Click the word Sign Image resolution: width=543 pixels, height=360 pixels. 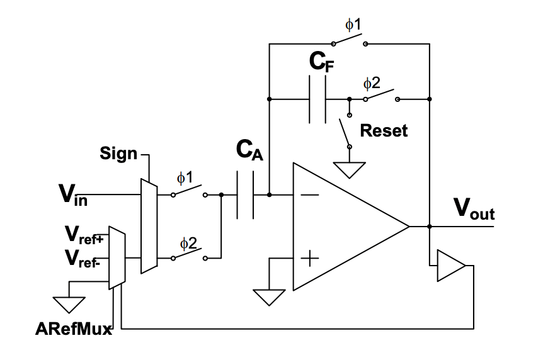[118, 153]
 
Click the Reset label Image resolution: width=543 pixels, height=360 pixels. [384, 131]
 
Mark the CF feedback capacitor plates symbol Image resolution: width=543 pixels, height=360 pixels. [317, 99]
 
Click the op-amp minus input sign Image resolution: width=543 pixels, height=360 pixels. [309, 195]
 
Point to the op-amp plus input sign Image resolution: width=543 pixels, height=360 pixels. [309, 258]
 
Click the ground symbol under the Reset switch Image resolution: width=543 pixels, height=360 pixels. [350, 169]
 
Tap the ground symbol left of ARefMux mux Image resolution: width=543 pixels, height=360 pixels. [69, 304]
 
